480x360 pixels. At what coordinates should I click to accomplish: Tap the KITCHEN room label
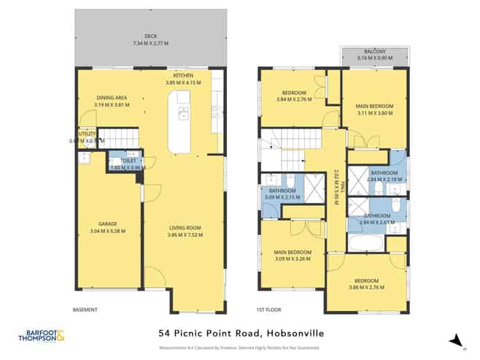tap(182, 76)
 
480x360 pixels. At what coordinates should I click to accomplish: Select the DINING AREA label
tap(112, 97)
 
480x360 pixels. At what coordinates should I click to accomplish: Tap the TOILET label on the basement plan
tap(117, 161)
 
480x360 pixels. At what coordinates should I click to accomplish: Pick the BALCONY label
tap(376, 52)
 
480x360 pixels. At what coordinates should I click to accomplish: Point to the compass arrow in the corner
tap(457, 339)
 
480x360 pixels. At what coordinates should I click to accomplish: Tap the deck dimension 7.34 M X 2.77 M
tap(151, 44)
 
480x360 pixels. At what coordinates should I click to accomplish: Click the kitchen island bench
tap(179, 124)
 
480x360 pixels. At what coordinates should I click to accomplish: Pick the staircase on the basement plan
tap(113, 138)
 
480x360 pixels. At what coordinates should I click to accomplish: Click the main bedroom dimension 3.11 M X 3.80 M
tap(376, 113)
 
